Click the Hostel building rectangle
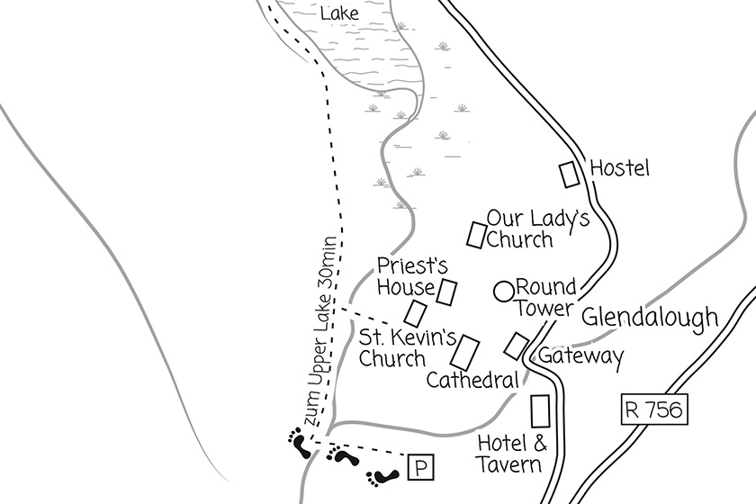coord(570,175)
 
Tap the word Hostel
coord(619,168)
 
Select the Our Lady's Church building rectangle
coord(476,234)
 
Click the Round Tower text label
coord(545,298)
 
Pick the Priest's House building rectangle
coord(446,292)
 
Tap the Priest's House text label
coord(406,276)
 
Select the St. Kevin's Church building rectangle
coord(415,313)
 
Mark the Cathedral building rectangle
coord(468,352)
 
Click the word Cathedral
coord(472,380)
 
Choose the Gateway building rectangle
coord(517,345)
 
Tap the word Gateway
coord(580,357)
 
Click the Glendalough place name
coord(650,318)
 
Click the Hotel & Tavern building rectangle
coord(541,411)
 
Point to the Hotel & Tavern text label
coord(510,454)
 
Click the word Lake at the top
coord(339,13)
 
